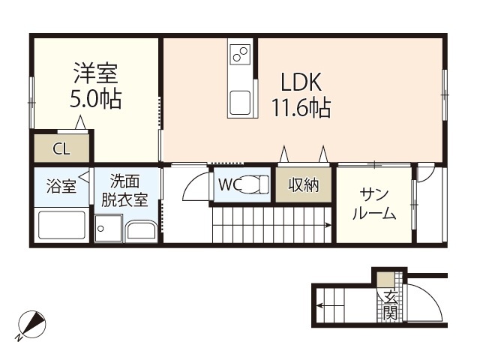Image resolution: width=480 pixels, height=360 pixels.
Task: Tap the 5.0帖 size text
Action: (96, 99)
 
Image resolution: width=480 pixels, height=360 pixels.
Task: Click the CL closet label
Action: (61, 148)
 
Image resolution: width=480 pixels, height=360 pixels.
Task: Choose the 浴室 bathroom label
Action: (61, 186)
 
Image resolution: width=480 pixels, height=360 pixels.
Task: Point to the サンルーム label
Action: (373, 203)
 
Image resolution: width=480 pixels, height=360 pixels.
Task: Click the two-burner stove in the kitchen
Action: (241, 54)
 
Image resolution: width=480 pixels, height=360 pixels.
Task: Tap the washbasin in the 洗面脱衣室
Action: (141, 231)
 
